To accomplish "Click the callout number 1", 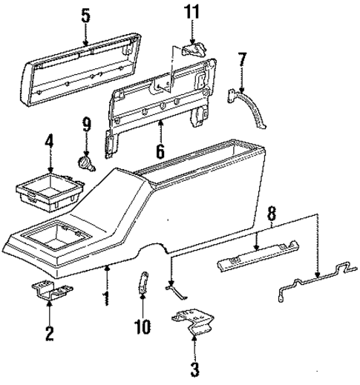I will tap(107, 300).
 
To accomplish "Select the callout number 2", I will tap(50, 333).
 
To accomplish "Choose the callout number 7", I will tap(242, 60).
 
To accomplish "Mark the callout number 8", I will tap(273, 214).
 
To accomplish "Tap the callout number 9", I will tap(86, 124).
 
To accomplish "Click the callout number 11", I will tap(193, 13).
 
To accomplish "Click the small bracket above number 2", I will tap(48, 292).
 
